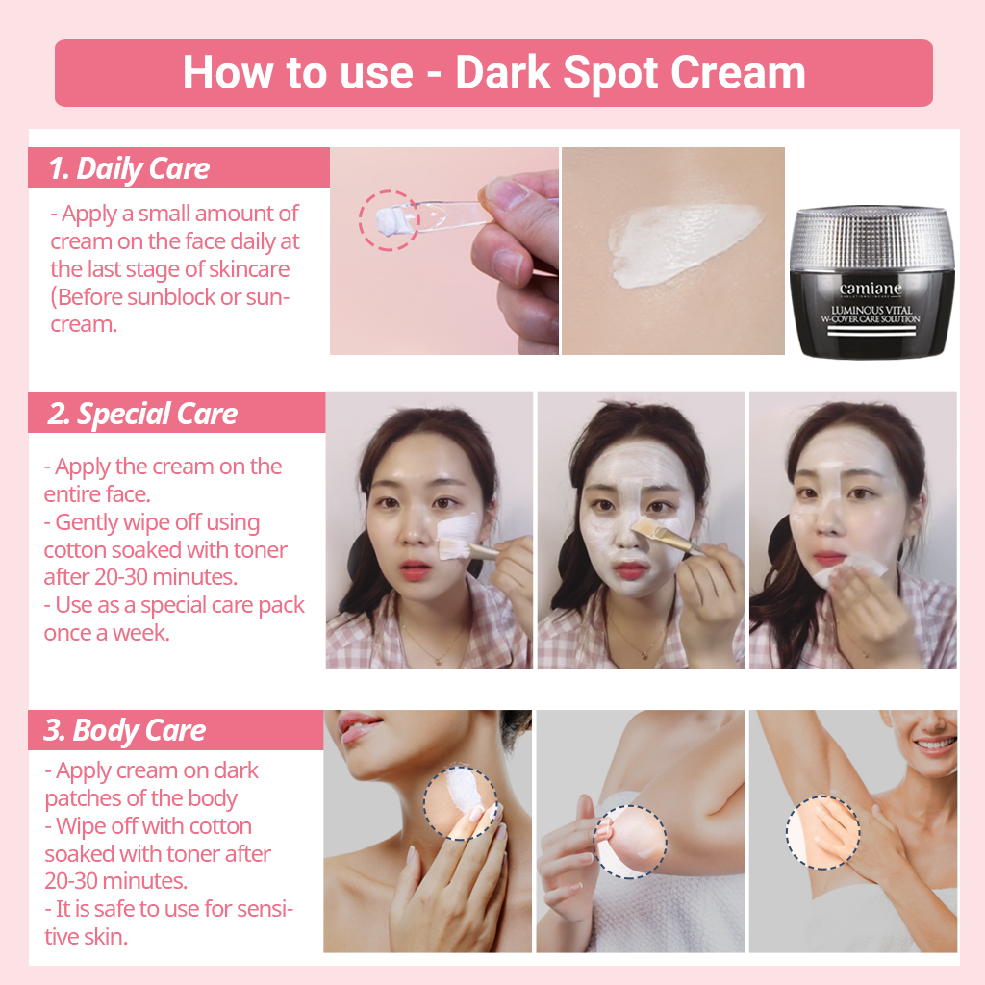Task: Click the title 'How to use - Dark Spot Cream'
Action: click(x=493, y=73)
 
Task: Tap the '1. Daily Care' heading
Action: click(x=130, y=168)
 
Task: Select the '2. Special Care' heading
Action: click(x=142, y=414)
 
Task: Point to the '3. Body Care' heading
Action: click(x=124, y=730)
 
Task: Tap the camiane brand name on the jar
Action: click(x=871, y=289)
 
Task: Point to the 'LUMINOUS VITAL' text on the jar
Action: click(x=871, y=309)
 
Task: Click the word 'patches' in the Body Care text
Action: click(x=83, y=798)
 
